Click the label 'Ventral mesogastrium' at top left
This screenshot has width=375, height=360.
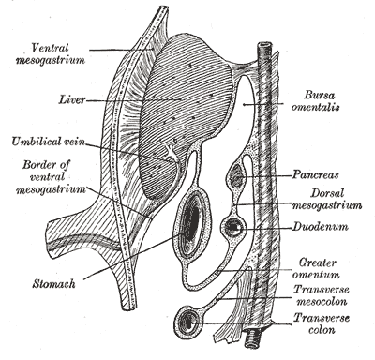click(x=51, y=53)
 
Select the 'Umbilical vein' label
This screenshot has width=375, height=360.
click(x=48, y=142)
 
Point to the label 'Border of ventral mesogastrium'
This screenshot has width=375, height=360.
click(x=51, y=177)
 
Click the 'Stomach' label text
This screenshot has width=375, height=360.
click(x=53, y=284)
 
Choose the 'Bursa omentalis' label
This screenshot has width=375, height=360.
click(x=315, y=100)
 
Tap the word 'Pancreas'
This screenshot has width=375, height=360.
click(x=315, y=174)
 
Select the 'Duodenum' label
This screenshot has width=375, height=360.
click(x=320, y=226)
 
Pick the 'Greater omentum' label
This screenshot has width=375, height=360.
click(x=319, y=268)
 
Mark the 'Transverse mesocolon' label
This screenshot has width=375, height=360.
click(x=322, y=295)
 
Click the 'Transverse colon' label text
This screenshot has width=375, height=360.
click(x=322, y=323)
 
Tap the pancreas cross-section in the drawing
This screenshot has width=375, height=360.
click(x=236, y=176)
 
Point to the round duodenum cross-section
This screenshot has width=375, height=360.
click(x=233, y=227)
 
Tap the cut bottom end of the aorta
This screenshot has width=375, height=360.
click(x=253, y=340)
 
